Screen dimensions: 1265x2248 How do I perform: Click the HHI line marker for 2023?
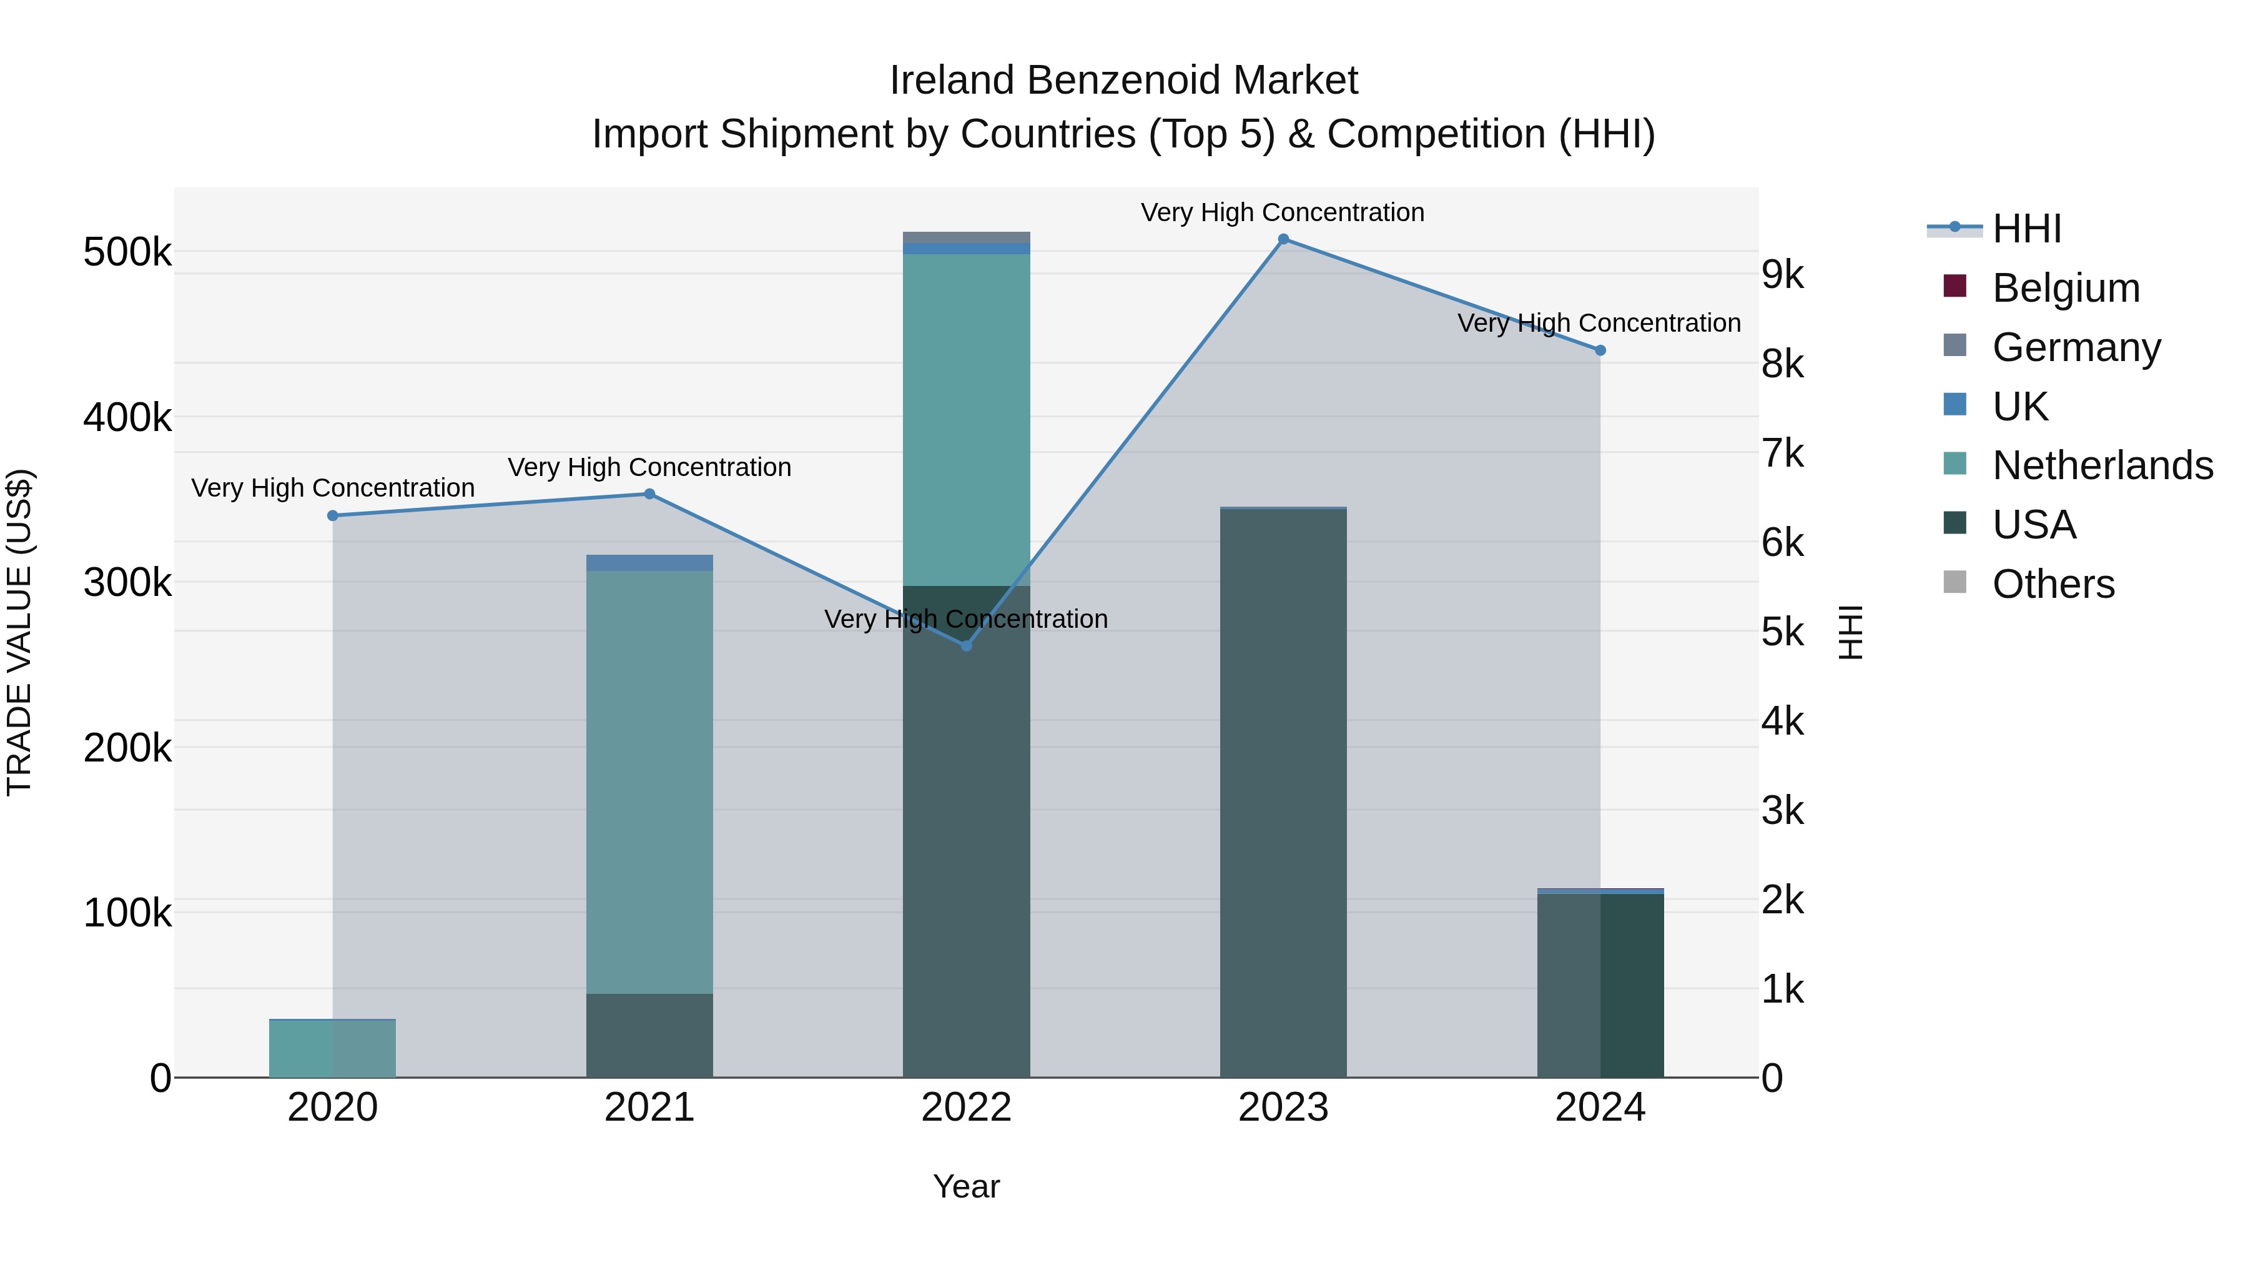click(1283, 239)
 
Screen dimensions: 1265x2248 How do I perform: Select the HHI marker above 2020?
click(332, 516)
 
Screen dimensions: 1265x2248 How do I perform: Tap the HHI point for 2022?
click(966, 646)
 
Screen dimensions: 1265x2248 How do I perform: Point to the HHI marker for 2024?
click(1600, 350)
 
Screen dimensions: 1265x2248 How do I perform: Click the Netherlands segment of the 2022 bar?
click(966, 419)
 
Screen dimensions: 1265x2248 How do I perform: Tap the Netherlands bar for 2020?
click(332, 1048)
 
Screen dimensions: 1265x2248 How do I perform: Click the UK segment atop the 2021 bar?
click(649, 563)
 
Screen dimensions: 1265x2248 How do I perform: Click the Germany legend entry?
click(2075, 347)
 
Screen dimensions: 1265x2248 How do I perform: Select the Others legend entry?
click(2053, 584)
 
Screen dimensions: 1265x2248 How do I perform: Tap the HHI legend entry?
click(2026, 229)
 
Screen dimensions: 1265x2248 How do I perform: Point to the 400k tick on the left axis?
click(127, 418)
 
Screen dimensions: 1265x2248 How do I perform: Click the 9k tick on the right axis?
click(1782, 275)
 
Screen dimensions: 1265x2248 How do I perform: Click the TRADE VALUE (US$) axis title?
click(20, 632)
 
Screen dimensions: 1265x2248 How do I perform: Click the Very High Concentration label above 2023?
click(1282, 213)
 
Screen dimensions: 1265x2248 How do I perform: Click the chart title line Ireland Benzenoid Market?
click(1123, 81)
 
